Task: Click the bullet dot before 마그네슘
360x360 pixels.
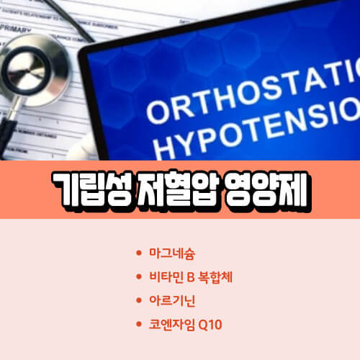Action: click(x=138, y=254)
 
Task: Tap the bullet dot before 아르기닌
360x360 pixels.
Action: click(x=138, y=297)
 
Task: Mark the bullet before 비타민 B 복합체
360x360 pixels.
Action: click(x=138, y=276)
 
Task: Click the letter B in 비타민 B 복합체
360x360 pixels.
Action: click(x=190, y=276)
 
